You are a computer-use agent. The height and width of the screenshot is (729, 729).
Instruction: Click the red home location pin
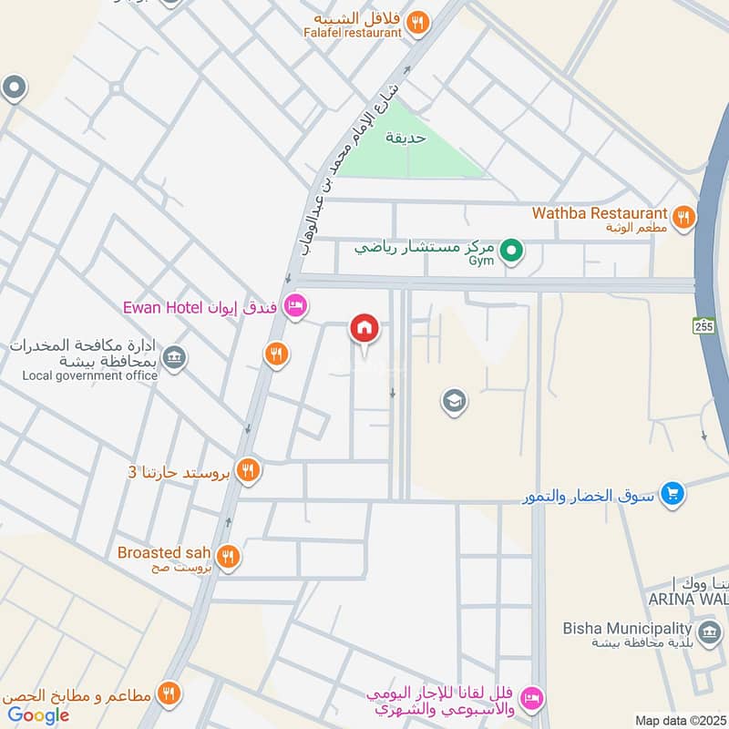pos(364,328)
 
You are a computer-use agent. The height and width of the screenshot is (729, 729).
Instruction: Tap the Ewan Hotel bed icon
pos(293,306)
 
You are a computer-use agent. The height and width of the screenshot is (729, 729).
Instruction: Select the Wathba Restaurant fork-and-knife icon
pos(682,217)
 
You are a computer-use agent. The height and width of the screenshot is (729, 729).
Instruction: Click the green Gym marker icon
pos(512,248)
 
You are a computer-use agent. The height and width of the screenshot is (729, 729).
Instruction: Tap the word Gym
pos(480,262)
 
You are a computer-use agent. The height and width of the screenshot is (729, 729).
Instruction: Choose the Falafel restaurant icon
pos(417,23)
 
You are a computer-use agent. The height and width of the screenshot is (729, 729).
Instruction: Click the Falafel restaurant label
pos(353,33)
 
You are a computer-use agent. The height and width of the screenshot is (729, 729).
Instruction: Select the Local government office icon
pos(177,358)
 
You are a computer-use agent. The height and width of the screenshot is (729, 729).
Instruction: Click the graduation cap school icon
pos(453,400)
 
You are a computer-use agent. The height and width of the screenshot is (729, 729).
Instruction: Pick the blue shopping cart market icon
pos(673,493)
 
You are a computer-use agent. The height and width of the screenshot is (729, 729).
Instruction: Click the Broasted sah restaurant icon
pos(228,555)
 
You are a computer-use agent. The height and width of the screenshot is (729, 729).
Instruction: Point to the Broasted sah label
pos(164,552)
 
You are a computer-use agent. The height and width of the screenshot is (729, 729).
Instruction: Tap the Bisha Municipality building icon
pos(707,630)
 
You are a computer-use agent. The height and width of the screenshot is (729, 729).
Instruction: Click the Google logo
pos(38,715)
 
